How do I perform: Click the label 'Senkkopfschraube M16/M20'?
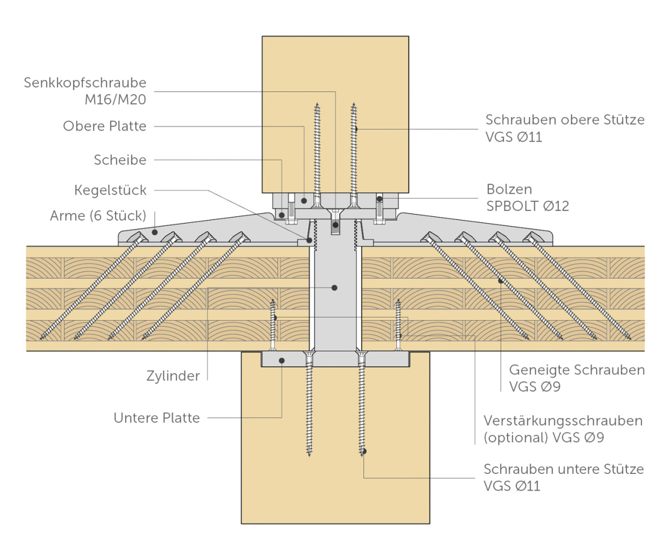tap(85, 91)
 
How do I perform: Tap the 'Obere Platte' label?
tap(105, 126)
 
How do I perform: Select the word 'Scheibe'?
tap(120, 160)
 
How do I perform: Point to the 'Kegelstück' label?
tap(110, 190)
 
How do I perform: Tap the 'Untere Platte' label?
tap(157, 418)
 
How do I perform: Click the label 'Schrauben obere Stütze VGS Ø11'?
tap(565, 128)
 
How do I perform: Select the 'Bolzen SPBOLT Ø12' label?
tap(528, 197)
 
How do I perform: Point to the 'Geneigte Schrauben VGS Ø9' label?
tap(576, 378)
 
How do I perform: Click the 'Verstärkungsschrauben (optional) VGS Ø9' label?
tap(563, 429)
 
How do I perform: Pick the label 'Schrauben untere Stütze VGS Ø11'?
tap(564, 477)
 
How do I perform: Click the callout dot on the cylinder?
tap(334, 288)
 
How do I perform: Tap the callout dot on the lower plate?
tap(282, 361)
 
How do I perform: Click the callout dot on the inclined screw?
tap(500, 281)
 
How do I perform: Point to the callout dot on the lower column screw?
tap(364, 451)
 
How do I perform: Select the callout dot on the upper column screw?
tap(356, 129)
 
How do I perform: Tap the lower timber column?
tap(335, 487)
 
